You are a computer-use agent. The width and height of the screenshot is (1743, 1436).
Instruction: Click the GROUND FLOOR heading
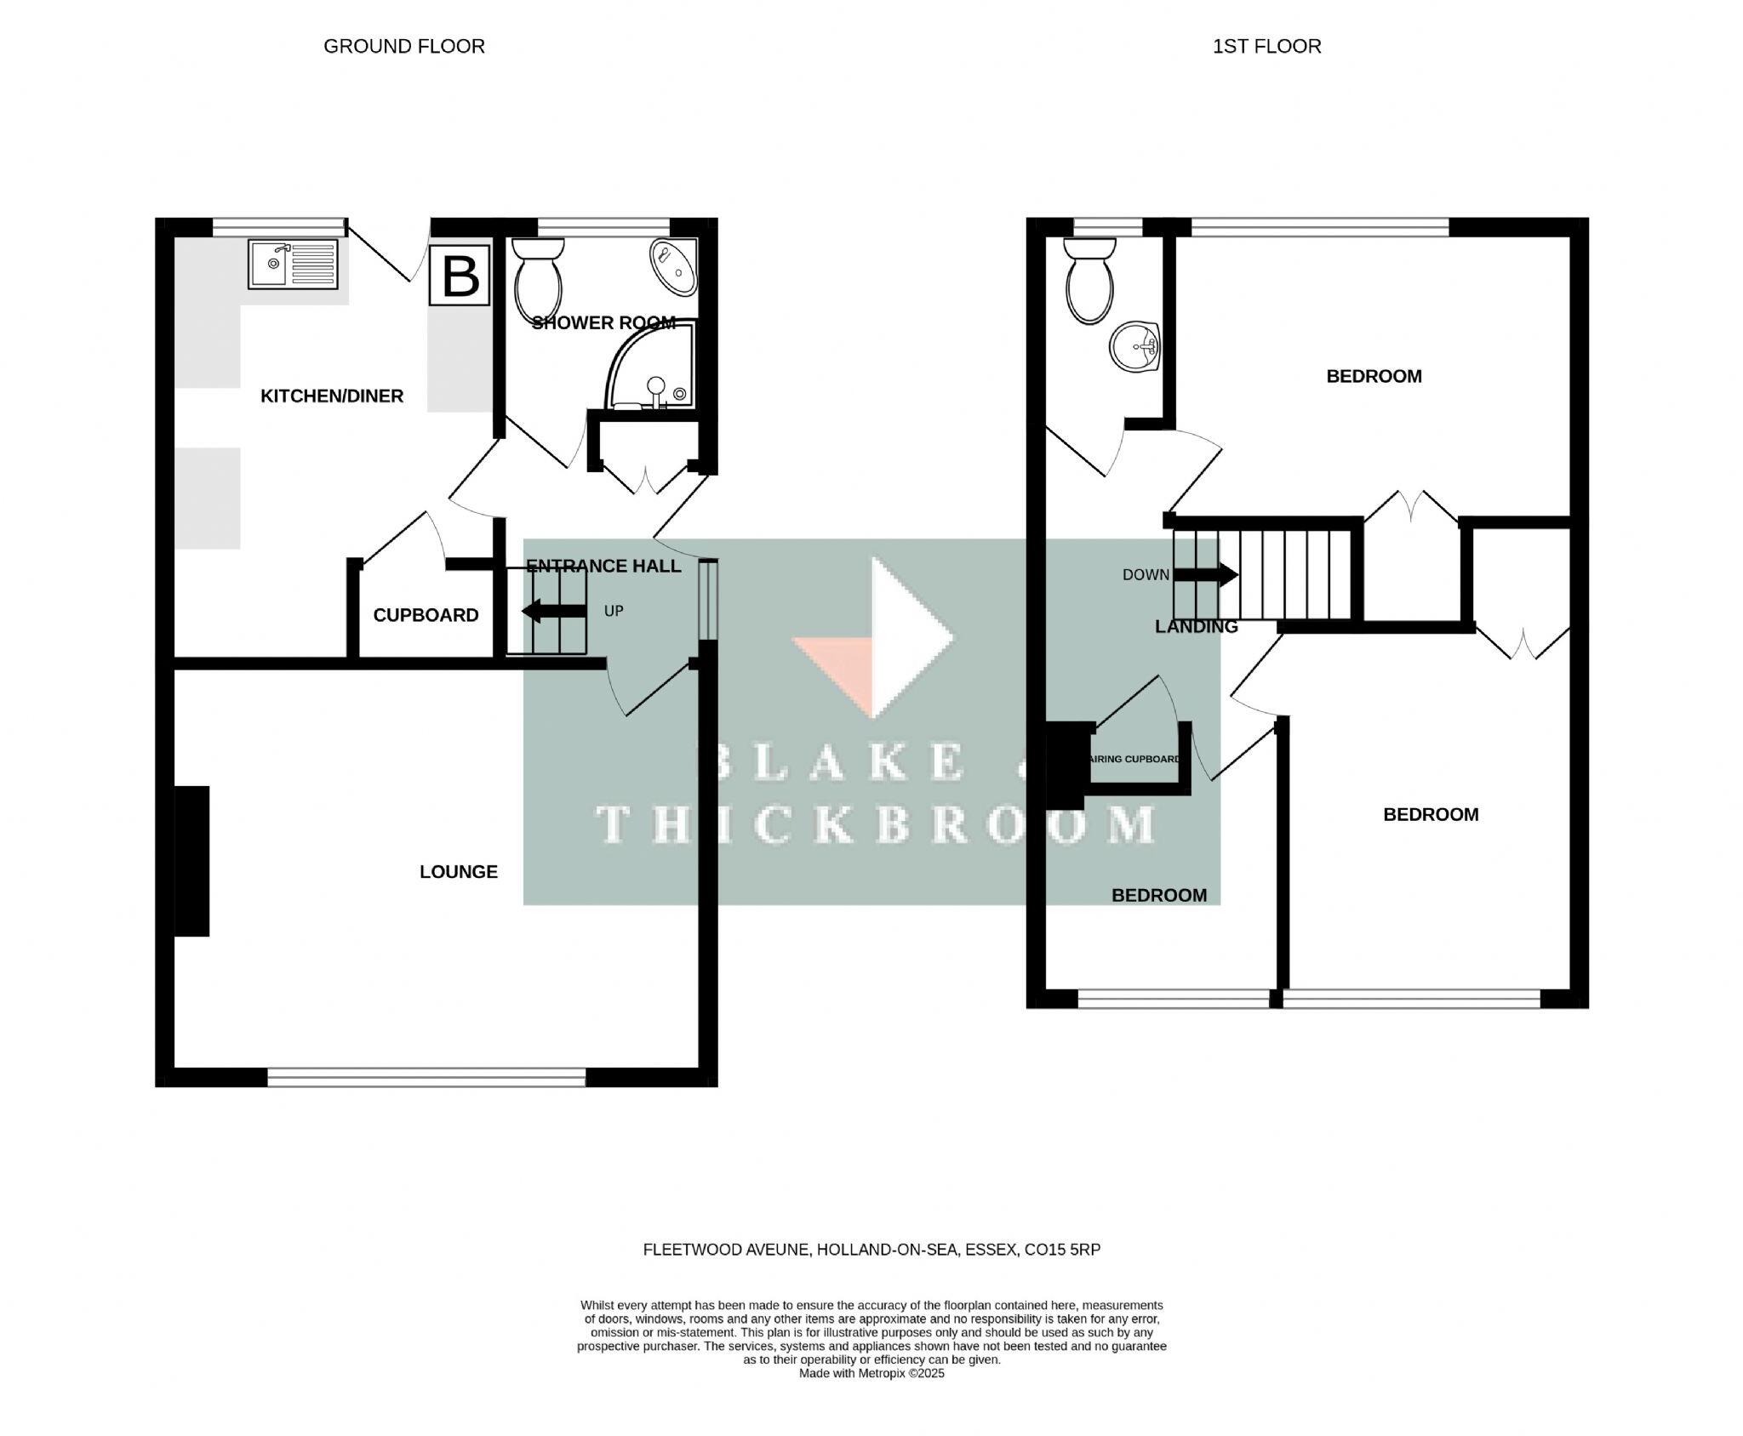(403, 46)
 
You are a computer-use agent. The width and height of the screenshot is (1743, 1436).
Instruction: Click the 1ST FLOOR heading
(1266, 46)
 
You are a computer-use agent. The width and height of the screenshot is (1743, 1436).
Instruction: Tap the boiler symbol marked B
(460, 275)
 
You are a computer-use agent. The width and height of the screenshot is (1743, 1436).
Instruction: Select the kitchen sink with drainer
(293, 263)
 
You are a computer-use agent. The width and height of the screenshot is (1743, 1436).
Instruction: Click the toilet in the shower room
(538, 278)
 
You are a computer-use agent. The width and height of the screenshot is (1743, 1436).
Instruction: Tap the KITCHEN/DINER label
(331, 396)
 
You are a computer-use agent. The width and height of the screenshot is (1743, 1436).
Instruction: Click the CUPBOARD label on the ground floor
(426, 615)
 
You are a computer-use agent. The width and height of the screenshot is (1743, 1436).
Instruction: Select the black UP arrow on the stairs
(553, 611)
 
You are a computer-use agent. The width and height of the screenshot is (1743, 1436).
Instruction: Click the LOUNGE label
(458, 871)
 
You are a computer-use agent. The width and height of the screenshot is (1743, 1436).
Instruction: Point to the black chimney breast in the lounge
(191, 861)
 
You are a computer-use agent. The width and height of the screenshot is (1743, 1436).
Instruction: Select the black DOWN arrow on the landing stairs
(1205, 575)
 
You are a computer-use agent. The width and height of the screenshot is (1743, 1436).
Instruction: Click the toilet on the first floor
(1089, 280)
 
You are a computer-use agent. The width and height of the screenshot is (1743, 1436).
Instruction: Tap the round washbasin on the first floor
(1134, 347)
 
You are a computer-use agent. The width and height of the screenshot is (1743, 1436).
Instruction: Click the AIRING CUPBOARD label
(1134, 759)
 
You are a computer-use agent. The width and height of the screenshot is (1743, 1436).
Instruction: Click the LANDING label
(1195, 627)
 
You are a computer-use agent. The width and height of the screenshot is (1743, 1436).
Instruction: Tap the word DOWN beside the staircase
(1145, 575)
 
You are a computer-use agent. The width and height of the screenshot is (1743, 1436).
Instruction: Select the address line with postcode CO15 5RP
(871, 1250)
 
